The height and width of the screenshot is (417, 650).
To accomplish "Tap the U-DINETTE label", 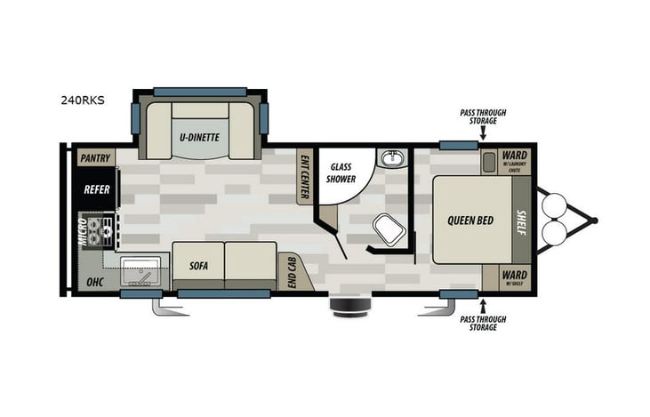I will coord(199,137).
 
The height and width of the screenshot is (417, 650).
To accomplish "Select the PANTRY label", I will coord(95,158).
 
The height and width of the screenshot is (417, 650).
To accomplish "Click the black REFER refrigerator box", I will coord(96,189).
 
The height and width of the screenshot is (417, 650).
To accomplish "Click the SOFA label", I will coord(198,265).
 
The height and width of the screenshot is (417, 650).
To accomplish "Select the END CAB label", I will coord(290,270).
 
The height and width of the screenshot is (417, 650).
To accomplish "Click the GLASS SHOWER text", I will coord(342,172).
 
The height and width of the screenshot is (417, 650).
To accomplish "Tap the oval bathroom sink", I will coord(391,158).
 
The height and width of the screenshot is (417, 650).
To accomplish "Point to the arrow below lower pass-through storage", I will coord(482,308).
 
